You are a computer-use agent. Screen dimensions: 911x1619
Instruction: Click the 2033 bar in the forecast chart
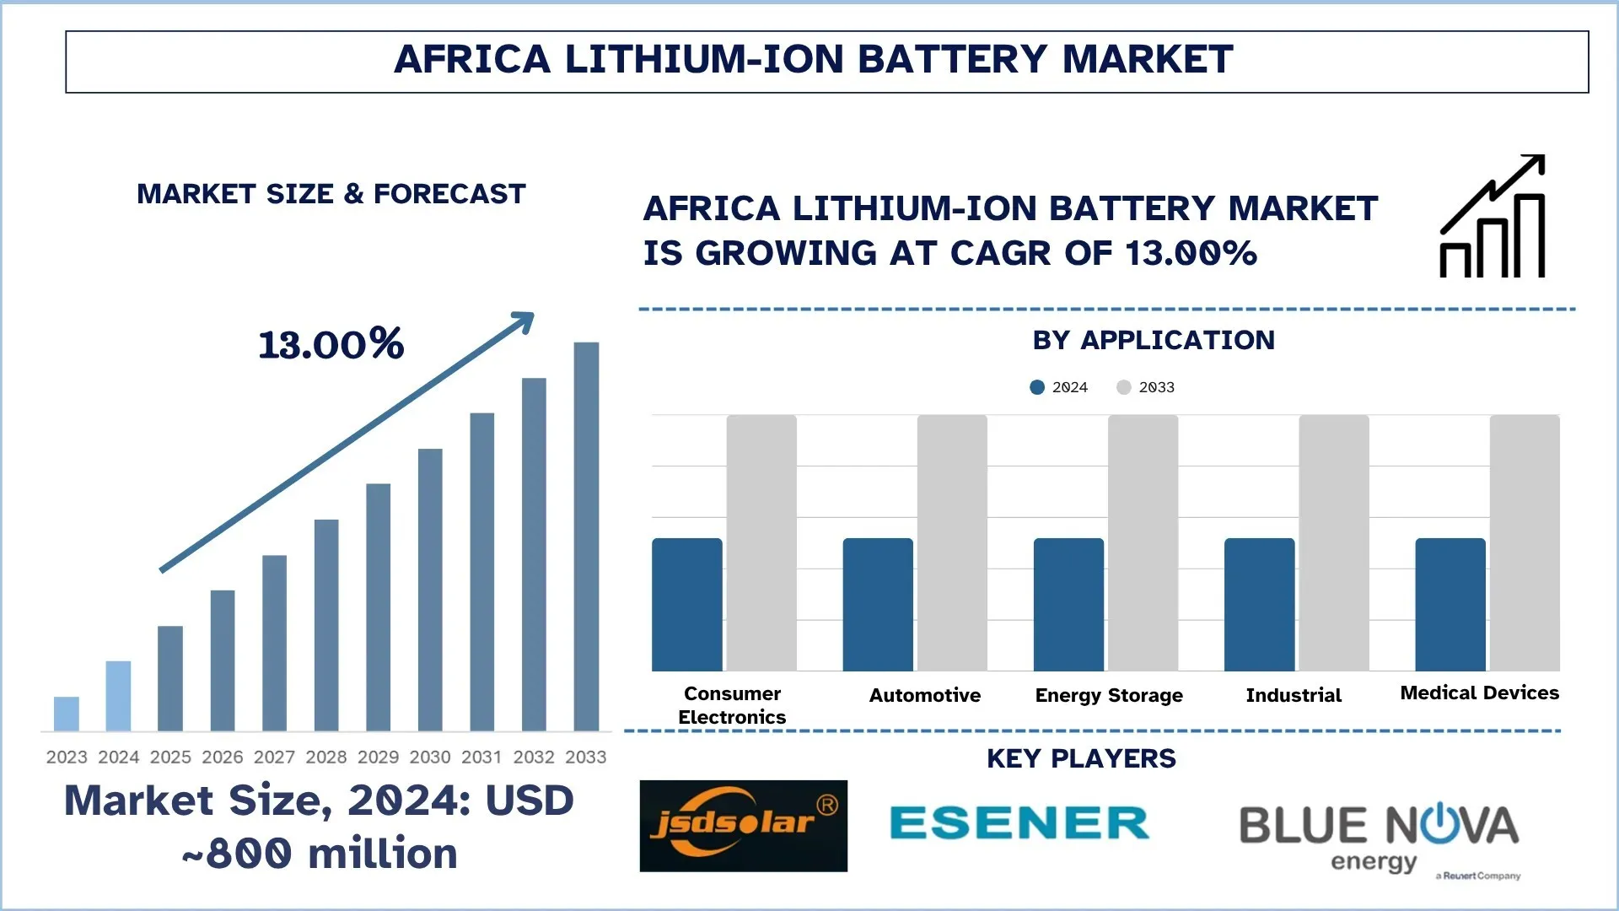tap(586, 536)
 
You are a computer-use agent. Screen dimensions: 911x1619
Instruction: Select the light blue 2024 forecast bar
tap(118, 696)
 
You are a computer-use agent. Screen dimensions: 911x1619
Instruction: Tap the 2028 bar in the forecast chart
tap(326, 625)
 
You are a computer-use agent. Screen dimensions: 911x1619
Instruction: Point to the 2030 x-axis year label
tap(430, 757)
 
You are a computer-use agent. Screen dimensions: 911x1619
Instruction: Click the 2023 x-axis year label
tap(67, 757)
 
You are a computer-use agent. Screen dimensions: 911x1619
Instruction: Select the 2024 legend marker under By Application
tap(1037, 387)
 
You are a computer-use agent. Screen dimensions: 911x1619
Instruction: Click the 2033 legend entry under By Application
tap(1146, 387)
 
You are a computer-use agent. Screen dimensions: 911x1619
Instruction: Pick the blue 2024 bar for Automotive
tap(878, 605)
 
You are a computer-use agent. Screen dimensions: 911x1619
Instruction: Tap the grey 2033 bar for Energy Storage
tap(1143, 543)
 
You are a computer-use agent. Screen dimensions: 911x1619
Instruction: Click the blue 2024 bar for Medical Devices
tap(1450, 605)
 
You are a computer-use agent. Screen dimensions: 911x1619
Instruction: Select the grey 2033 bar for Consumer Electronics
tap(761, 543)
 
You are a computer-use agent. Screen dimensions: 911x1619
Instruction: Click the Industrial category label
tap(1294, 696)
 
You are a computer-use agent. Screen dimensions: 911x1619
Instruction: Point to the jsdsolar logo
tap(743, 826)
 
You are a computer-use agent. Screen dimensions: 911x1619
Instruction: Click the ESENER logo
tap(1019, 823)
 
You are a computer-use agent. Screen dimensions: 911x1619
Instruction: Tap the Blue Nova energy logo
tap(1379, 835)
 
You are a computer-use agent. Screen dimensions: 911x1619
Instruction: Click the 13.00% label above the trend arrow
tap(331, 344)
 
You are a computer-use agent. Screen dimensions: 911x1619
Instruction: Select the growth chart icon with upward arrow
tap(1493, 217)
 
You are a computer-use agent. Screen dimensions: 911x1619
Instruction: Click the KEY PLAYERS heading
tap(1081, 758)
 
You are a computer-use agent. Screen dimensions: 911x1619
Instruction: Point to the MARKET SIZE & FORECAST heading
tap(331, 194)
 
